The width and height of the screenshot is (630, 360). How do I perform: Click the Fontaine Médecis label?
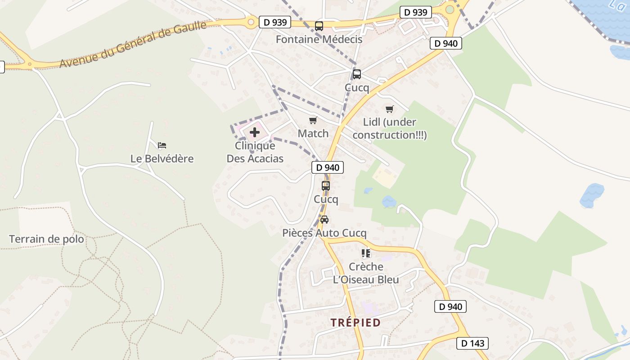pos(319,39)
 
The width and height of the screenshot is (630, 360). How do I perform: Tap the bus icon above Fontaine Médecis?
pos(319,26)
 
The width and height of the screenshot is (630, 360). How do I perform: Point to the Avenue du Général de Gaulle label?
pos(133,44)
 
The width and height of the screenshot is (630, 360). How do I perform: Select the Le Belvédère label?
pos(162,158)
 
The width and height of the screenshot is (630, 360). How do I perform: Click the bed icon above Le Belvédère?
pos(162,145)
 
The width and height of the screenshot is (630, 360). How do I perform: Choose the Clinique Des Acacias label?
pos(255,152)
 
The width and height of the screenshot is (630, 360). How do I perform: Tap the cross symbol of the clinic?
pos(255,132)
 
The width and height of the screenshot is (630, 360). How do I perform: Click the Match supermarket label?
pos(313,134)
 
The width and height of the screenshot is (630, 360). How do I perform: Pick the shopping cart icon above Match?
pos(313,120)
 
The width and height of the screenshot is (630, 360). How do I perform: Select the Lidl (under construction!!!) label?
pos(390,128)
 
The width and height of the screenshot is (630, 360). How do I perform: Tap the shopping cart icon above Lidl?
pos(390,109)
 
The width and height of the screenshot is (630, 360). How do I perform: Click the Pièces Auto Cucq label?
pos(324,233)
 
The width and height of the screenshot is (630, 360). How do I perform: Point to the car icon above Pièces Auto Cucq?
pos(324,220)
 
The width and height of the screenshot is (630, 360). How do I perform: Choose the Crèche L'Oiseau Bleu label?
pos(366,273)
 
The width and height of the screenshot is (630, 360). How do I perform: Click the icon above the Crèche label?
pos(366,253)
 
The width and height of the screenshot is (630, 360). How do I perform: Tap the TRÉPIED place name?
pos(355,323)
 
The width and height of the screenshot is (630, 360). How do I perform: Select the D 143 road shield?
pos(472,343)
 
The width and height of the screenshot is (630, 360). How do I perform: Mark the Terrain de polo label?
pos(46,239)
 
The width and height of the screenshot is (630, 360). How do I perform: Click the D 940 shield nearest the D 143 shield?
pos(450,307)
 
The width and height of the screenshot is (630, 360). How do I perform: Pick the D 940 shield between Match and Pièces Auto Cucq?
pos(328,167)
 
